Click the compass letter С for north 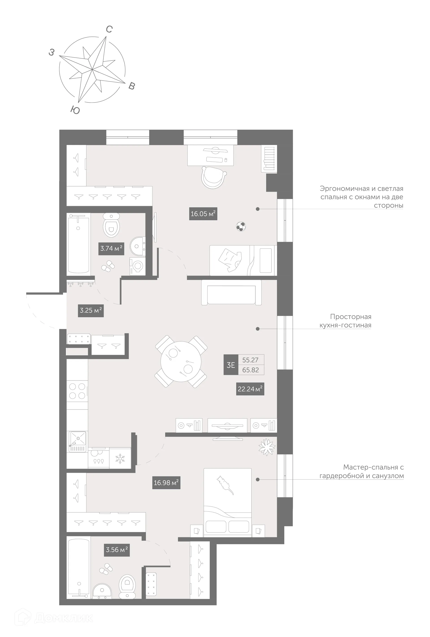click(x=109, y=29)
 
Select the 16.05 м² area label click(x=203, y=214)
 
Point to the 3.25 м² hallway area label click(x=91, y=310)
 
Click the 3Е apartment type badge click(x=231, y=365)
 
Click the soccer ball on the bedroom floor click(x=241, y=227)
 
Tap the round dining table click(x=181, y=361)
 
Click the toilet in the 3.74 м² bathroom click(x=111, y=226)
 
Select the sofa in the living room click(x=231, y=293)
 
